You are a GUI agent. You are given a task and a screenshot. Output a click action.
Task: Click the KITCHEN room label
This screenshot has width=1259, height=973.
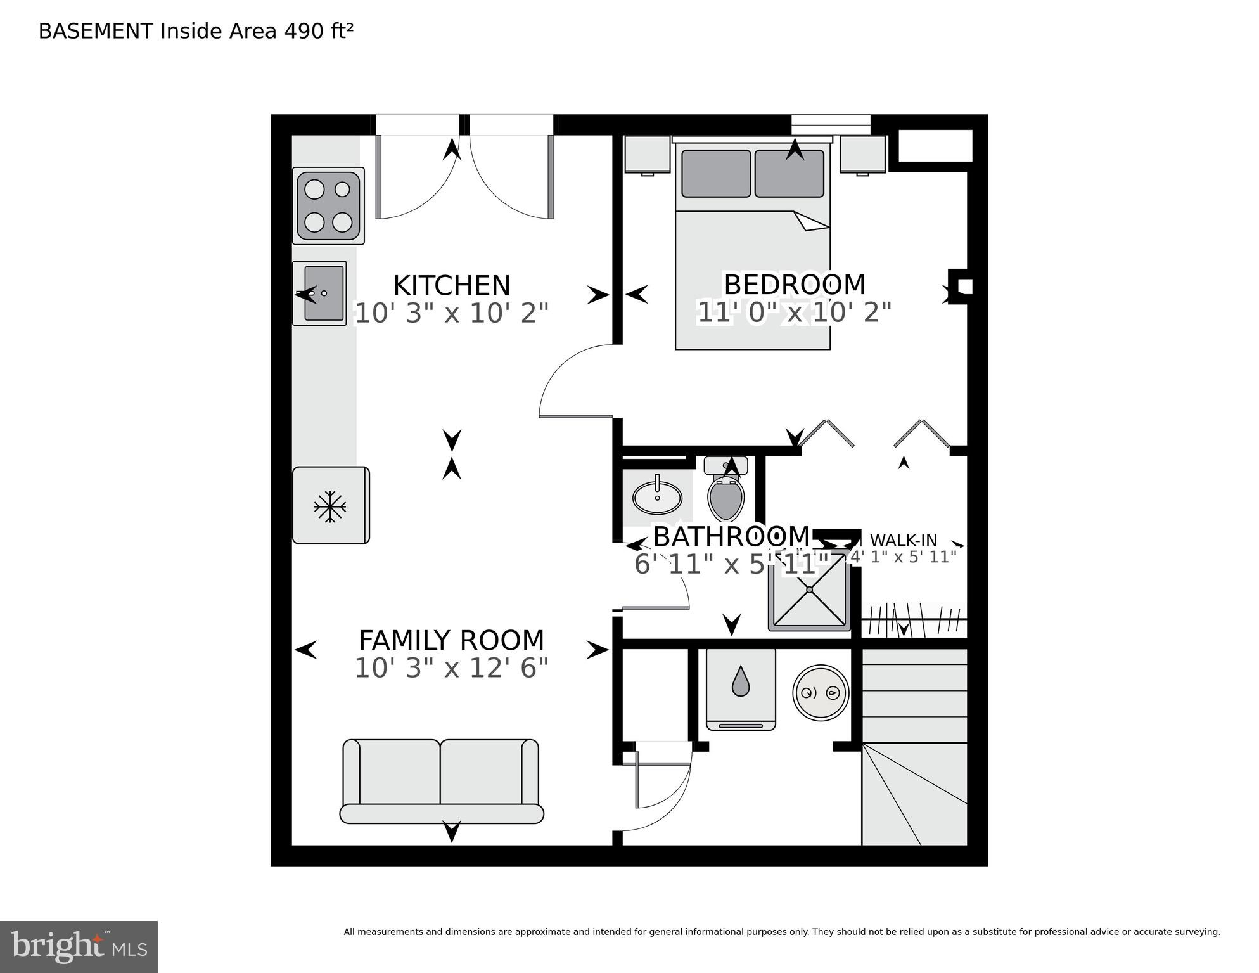(451, 285)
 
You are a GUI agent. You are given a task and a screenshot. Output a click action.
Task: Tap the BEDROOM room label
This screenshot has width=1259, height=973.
(794, 284)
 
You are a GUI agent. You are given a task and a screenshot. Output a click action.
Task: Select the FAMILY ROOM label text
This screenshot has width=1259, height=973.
(451, 640)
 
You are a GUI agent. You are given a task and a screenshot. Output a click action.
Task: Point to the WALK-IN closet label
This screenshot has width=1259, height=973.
(903, 541)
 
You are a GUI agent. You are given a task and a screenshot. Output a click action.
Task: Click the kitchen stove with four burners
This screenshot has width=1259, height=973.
(328, 206)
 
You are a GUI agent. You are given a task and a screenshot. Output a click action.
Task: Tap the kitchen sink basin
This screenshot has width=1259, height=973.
(324, 293)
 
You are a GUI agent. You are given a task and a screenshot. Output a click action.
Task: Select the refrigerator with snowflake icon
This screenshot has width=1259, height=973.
(330, 506)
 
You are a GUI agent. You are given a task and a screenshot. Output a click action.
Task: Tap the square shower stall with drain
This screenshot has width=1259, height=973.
(809, 590)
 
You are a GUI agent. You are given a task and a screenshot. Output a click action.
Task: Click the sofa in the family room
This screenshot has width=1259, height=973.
(442, 781)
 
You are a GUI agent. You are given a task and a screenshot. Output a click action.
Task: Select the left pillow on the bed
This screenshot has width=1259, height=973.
(716, 174)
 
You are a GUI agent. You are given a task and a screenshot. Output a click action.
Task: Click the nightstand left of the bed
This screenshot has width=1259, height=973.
(647, 154)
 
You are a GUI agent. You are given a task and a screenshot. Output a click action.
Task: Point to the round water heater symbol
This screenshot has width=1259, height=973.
(821, 692)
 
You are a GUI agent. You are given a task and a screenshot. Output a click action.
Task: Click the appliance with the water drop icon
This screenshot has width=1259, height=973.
(741, 688)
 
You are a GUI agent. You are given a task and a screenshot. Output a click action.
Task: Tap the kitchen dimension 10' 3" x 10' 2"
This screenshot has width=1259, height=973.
(451, 313)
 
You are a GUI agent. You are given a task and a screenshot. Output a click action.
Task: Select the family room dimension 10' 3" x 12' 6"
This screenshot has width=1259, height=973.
(451, 668)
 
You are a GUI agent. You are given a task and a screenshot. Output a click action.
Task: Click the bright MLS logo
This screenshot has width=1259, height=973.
(79, 947)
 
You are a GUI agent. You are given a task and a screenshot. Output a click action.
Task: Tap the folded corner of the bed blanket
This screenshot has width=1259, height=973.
(810, 221)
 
